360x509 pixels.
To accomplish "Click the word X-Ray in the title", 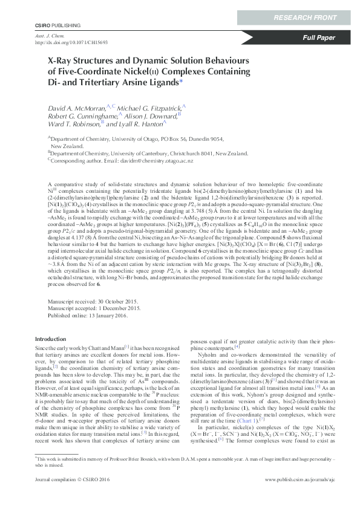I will (x=61, y=61).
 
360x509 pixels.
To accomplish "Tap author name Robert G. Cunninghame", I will (x=83, y=115).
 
